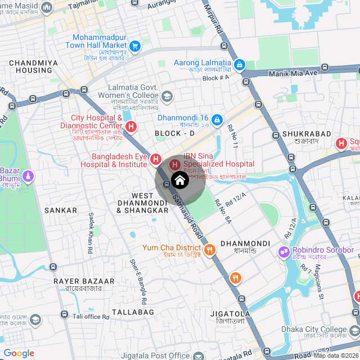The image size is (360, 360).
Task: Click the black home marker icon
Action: [x=179, y=181]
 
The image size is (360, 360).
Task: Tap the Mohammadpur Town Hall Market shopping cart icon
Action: [x=135, y=46]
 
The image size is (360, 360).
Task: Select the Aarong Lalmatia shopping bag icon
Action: [x=240, y=65]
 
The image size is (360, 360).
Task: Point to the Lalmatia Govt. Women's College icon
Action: [x=167, y=96]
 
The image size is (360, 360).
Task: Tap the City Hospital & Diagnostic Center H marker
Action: [x=131, y=126]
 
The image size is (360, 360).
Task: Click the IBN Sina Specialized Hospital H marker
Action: [x=174, y=164]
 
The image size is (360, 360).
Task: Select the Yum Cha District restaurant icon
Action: [x=210, y=250]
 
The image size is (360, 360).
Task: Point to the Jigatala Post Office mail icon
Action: [x=197, y=355]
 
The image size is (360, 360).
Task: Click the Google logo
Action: [x=19, y=353]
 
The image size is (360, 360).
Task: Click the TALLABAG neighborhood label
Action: [x=133, y=312]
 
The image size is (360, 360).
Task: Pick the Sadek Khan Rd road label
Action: [x=90, y=232]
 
